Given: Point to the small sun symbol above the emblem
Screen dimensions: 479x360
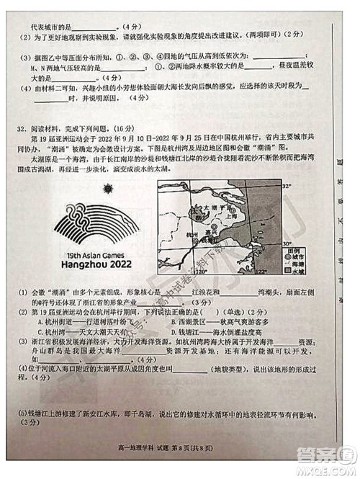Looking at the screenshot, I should pyautogui.click(x=107, y=189).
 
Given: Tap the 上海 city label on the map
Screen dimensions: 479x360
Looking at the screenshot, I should pyautogui.click(x=230, y=215).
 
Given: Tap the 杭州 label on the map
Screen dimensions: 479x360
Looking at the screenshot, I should pyautogui.click(x=184, y=235).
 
